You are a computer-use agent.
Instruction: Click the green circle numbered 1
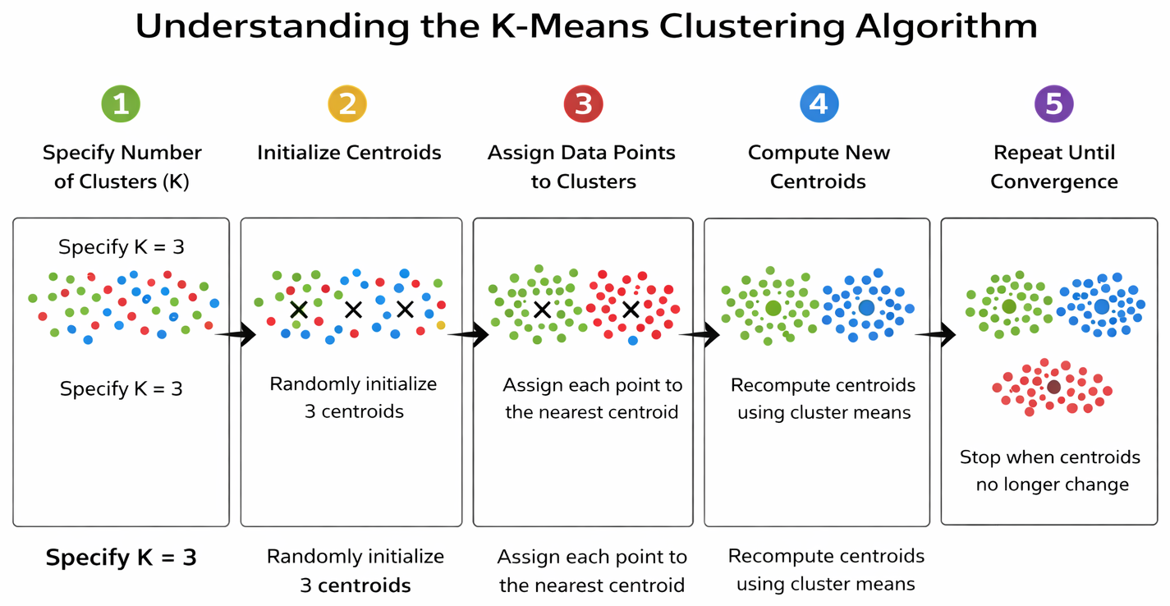(x=121, y=103)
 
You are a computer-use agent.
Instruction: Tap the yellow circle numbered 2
(x=347, y=103)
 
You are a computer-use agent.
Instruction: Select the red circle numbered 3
(x=584, y=103)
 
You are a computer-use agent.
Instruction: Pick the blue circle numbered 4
(x=819, y=103)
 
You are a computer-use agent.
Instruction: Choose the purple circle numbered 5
(x=1054, y=103)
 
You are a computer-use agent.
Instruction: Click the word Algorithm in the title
(x=946, y=26)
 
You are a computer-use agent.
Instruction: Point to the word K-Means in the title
(x=569, y=25)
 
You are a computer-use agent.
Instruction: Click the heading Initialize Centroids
(x=349, y=153)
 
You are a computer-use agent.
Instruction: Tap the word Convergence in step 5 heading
(x=1054, y=181)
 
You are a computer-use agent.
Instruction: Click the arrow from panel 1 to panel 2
(x=236, y=334)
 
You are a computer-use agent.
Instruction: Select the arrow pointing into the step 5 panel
(x=935, y=334)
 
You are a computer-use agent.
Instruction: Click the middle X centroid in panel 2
(x=354, y=310)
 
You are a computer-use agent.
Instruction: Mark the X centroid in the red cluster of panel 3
(x=631, y=310)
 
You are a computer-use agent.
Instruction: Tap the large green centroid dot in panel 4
(x=773, y=308)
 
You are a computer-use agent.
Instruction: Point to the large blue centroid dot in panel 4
(x=866, y=308)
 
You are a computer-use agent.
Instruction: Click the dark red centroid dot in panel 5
(x=1054, y=387)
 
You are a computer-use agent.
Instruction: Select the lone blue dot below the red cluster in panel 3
(x=632, y=341)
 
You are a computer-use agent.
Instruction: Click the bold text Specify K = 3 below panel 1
(x=122, y=558)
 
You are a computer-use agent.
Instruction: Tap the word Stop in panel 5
(x=980, y=457)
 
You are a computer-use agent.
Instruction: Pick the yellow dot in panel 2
(x=441, y=325)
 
